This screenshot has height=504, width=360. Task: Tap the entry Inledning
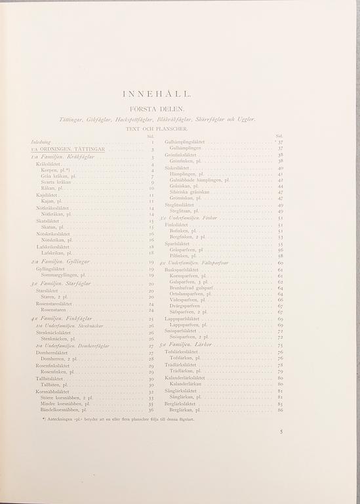pos(41,142)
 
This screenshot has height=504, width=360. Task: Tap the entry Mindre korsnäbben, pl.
pos(64,404)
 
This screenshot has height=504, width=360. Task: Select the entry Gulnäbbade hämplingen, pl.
pos(199,180)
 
